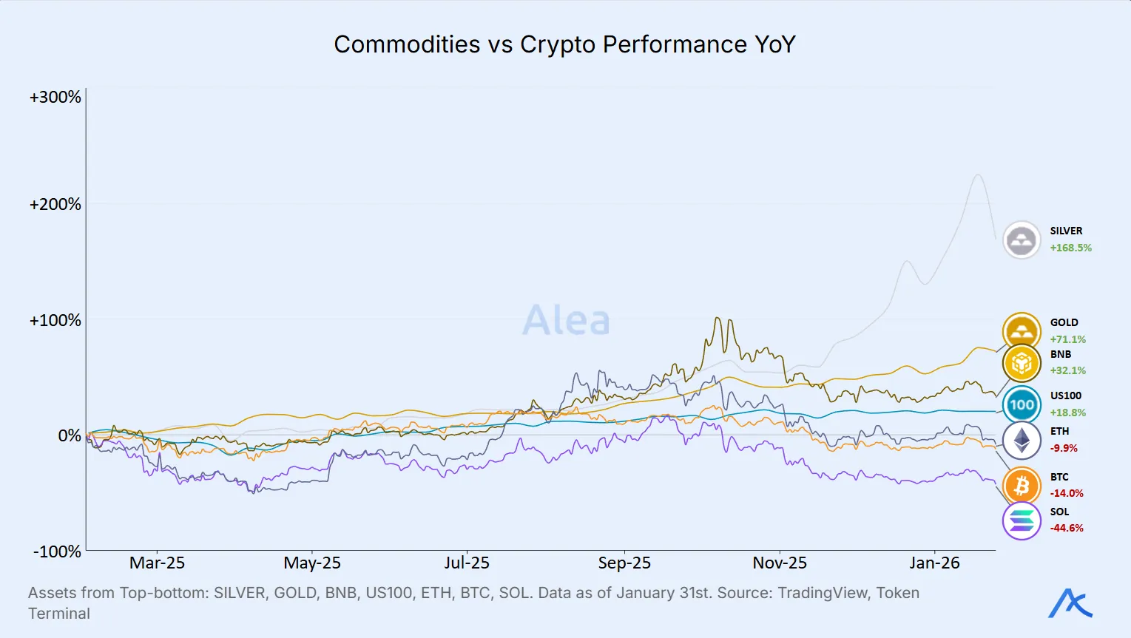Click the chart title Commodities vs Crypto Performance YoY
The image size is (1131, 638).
pyautogui.click(x=564, y=44)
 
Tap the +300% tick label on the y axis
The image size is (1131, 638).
pyautogui.click(x=55, y=98)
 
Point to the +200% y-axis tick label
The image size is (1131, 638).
pyautogui.click(x=55, y=205)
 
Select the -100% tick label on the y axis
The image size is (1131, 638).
pyautogui.click(x=57, y=552)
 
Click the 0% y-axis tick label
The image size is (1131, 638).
pyautogui.click(x=70, y=436)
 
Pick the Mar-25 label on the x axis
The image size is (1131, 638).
pyautogui.click(x=157, y=563)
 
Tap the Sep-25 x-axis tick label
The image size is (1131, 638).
pyautogui.click(x=624, y=563)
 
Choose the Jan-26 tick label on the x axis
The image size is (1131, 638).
pyautogui.click(x=934, y=563)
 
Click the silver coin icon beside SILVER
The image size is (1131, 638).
pyautogui.click(x=1022, y=240)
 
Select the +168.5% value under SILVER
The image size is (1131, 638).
pyautogui.click(x=1070, y=248)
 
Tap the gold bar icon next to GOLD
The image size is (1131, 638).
pyautogui.click(x=1022, y=331)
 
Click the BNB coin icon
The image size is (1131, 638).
pyautogui.click(x=1022, y=363)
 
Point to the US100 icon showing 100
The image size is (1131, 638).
pyautogui.click(x=1022, y=404)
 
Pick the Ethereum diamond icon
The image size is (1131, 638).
pyautogui.click(x=1022, y=440)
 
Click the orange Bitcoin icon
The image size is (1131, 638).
pyautogui.click(x=1022, y=486)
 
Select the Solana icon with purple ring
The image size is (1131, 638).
pyautogui.click(x=1022, y=520)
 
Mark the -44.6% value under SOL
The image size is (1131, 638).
pyautogui.click(x=1067, y=529)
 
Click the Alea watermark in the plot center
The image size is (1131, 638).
pyautogui.click(x=566, y=321)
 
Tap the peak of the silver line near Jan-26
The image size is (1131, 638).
pyautogui.click(x=978, y=174)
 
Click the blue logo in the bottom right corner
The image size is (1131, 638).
pyautogui.click(x=1070, y=603)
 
